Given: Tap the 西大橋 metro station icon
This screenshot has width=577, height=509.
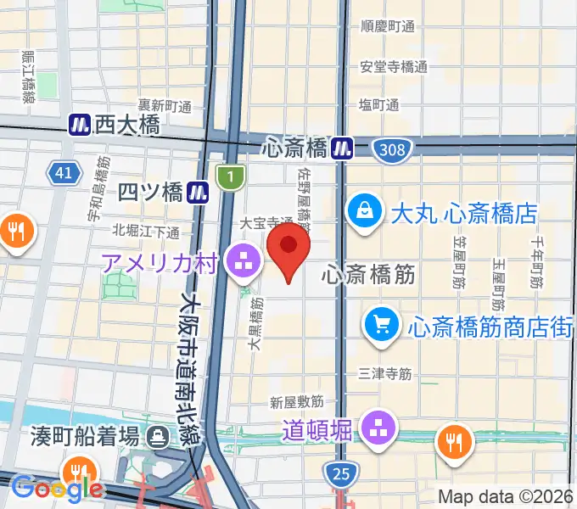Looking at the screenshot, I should tap(80, 126).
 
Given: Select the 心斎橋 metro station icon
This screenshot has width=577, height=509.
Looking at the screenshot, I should tap(343, 148).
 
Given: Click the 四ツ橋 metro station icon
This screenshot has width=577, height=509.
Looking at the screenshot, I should tap(199, 191).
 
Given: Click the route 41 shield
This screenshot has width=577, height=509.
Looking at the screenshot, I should tap(63, 174).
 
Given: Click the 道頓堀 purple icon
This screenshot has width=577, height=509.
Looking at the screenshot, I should tap(378, 429).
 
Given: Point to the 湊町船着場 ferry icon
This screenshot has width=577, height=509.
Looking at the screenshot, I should tap(158, 438).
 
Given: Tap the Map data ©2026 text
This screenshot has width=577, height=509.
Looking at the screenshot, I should tap(506, 496).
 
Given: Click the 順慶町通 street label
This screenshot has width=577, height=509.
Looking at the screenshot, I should tap(387, 26).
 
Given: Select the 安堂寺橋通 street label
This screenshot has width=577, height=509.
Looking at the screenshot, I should tap(387, 66).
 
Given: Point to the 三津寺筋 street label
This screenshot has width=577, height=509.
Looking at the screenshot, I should tap(385, 372).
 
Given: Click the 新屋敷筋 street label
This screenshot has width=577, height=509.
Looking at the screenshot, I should tap(297, 401).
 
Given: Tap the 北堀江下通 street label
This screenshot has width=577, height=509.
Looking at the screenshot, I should tap(146, 231).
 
